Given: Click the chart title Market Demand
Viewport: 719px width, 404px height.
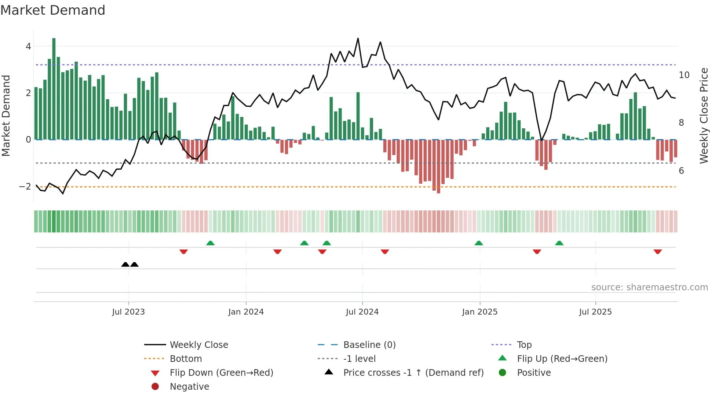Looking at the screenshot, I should tap(53, 10).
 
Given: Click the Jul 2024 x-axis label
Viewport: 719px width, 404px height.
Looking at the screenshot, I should tap(362, 312).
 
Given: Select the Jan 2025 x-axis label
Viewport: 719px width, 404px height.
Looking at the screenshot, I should tap(479, 312).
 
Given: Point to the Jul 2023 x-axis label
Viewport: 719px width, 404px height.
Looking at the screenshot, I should tap(128, 312).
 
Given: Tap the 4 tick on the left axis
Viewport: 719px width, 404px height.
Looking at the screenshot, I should tap(28, 47).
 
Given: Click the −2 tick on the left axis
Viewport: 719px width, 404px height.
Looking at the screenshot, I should tap(25, 187).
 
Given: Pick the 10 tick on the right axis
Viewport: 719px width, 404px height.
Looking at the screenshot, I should tap(684, 75).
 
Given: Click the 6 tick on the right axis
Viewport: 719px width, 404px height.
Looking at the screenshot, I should tap(681, 171).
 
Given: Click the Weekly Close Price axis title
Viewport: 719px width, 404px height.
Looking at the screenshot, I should tap(704, 115).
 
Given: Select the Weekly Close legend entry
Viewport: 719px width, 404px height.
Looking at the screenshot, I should tap(199, 345).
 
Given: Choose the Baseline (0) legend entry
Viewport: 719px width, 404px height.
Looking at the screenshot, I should tap(369, 345).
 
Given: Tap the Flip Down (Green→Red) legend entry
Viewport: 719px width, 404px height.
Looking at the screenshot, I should tap(221, 373).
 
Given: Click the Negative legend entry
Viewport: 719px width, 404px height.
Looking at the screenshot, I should tap(189, 387).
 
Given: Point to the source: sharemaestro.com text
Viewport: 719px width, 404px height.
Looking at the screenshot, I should tap(649, 287).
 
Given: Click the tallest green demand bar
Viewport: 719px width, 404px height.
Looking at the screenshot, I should tap(54, 88).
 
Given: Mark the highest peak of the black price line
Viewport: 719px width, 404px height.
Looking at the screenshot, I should tap(358, 38).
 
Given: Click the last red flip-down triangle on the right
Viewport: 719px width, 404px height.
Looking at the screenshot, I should tap(657, 251).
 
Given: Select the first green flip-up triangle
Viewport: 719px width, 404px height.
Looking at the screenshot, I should tap(210, 243).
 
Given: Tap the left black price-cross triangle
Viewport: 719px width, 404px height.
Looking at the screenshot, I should tap(125, 264).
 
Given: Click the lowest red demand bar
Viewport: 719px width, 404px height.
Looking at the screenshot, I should tap(438, 167).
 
